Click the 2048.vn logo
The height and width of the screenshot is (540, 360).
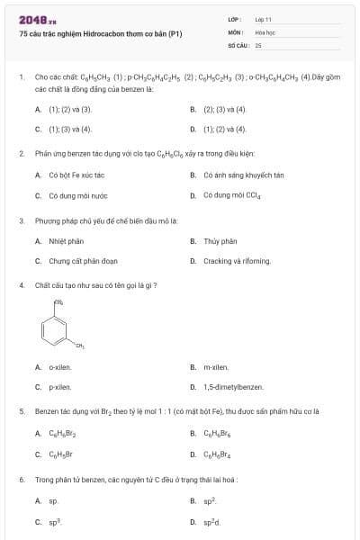point(38,20)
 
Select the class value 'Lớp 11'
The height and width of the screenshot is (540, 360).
point(263,19)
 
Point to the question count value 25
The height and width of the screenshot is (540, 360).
point(258,44)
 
